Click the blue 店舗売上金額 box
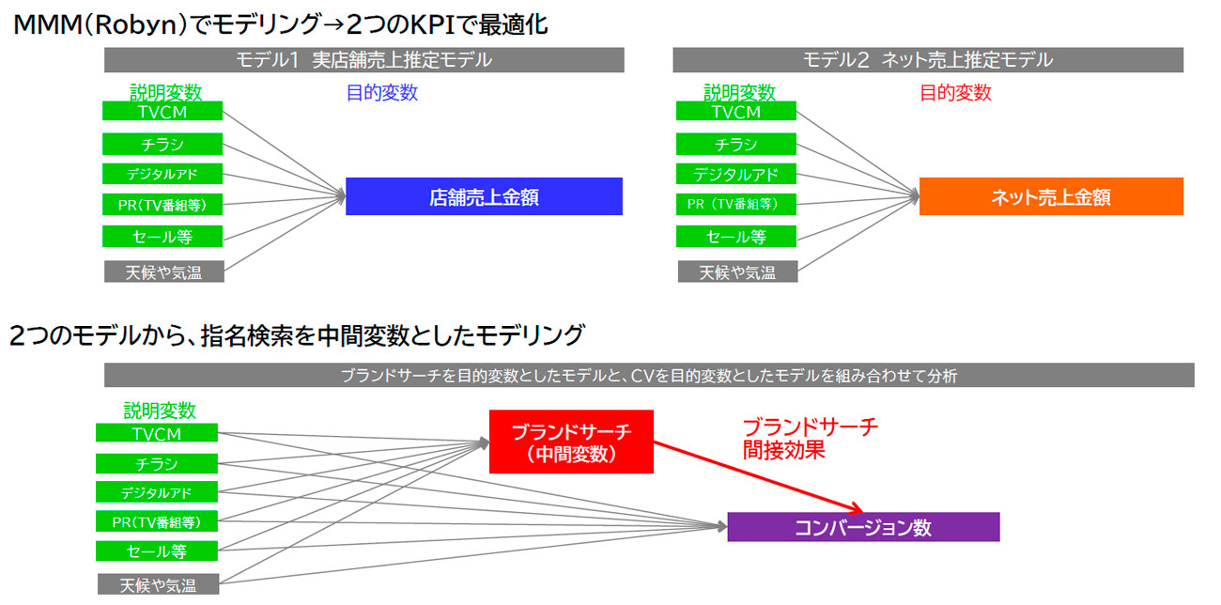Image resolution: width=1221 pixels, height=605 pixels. tap(484, 196)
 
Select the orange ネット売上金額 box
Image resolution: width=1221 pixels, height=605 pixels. tap(1051, 196)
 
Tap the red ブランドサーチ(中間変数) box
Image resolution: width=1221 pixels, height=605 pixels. tap(571, 442)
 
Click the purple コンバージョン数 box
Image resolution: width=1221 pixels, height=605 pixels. tap(863, 527)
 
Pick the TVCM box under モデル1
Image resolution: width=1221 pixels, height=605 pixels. tap(162, 112)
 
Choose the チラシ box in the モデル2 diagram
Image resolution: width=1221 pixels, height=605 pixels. tap(735, 145)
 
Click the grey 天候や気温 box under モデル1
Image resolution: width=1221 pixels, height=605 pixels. tap(163, 272)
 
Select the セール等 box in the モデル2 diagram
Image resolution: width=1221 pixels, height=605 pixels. tap(735, 236)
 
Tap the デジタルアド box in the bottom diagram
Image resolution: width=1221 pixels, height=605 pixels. tap(156, 492)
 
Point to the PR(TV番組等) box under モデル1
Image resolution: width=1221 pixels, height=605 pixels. tap(162, 205)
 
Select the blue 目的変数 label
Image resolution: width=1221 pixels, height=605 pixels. tap(382, 93)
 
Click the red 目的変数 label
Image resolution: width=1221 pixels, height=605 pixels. tap(955, 93)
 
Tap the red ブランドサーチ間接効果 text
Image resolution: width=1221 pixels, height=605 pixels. tap(810, 439)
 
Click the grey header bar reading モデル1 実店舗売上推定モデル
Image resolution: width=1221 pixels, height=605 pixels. tap(364, 60)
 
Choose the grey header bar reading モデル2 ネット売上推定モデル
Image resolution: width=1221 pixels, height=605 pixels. tap(927, 60)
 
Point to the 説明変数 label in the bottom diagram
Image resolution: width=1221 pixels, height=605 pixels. tap(160, 411)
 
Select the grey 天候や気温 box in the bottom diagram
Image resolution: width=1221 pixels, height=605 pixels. tap(157, 584)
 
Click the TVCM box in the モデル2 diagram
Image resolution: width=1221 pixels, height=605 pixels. tap(735, 112)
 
